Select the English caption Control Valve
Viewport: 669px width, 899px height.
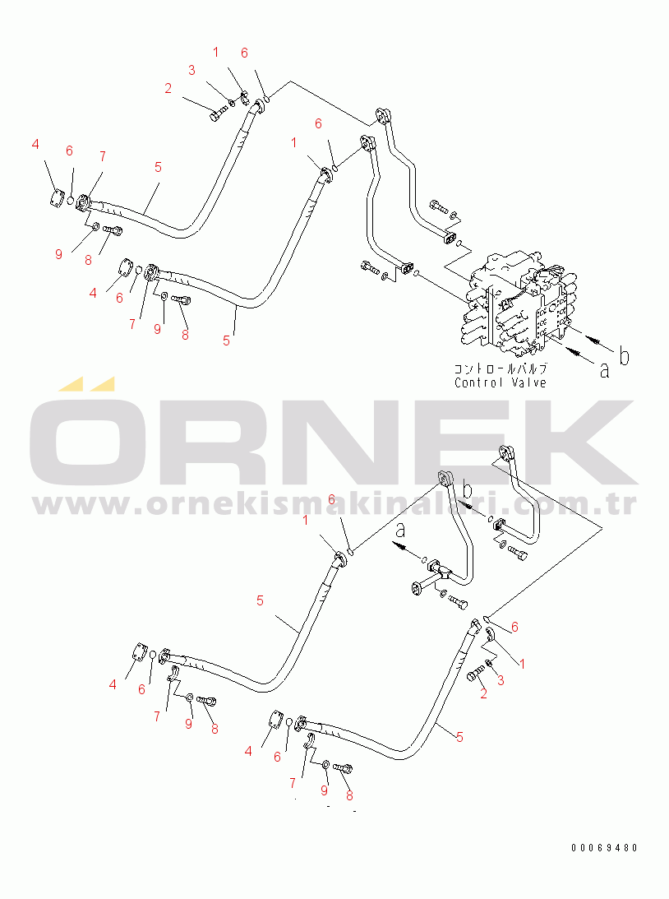click(x=501, y=382)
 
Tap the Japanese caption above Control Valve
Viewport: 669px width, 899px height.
click(x=501, y=369)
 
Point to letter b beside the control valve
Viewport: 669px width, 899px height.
click(x=625, y=356)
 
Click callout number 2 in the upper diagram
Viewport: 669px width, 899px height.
click(x=168, y=89)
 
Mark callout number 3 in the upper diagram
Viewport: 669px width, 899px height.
click(x=191, y=71)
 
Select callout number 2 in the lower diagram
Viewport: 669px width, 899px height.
click(x=483, y=694)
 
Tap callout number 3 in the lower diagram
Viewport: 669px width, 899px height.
click(x=501, y=681)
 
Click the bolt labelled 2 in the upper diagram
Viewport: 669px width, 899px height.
click(x=215, y=115)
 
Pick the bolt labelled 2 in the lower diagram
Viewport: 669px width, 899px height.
click(x=473, y=675)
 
